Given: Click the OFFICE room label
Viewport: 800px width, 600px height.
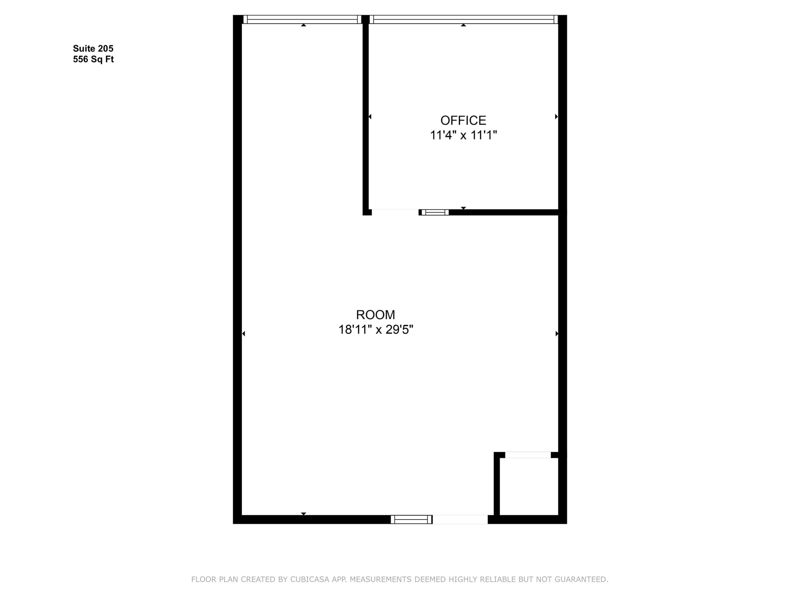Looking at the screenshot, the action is [x=463, y=120].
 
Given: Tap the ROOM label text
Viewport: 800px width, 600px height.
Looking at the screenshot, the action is [x=375, y=315].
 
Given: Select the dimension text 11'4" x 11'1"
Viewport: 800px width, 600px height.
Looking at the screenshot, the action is [x=463, y=135].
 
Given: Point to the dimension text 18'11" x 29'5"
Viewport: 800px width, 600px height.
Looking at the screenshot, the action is [x=375, y=330].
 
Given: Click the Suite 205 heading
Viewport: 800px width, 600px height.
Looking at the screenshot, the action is [x=93, y=48].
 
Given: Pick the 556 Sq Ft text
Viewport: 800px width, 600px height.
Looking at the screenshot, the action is [x=93, y=59].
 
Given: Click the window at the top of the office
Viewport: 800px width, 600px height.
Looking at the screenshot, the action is [x=464, y=20].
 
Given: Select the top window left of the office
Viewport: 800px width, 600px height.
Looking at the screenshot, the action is [x=302, y=20].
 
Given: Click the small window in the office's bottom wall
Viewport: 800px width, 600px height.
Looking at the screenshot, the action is [x=435, y=212].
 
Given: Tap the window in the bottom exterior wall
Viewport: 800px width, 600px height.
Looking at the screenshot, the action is [x=411, y=520].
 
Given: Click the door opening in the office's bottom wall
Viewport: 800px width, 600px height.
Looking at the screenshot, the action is [x=395, y=212].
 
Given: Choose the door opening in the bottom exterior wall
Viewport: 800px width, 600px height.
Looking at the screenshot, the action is [x=460, y=520].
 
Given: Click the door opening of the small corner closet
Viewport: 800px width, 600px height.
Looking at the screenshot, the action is [x=528, y=455].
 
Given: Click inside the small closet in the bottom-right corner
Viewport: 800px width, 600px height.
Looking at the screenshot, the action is [x=529, y=487].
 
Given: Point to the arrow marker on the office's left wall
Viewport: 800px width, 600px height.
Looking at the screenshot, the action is [x=370, y=116].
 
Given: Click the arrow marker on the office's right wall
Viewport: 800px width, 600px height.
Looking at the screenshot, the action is [x=556, y=116].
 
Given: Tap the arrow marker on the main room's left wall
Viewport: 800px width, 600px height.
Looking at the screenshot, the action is [x=243, y=334].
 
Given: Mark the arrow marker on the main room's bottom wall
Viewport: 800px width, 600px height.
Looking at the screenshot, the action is [x=304, y=514].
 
